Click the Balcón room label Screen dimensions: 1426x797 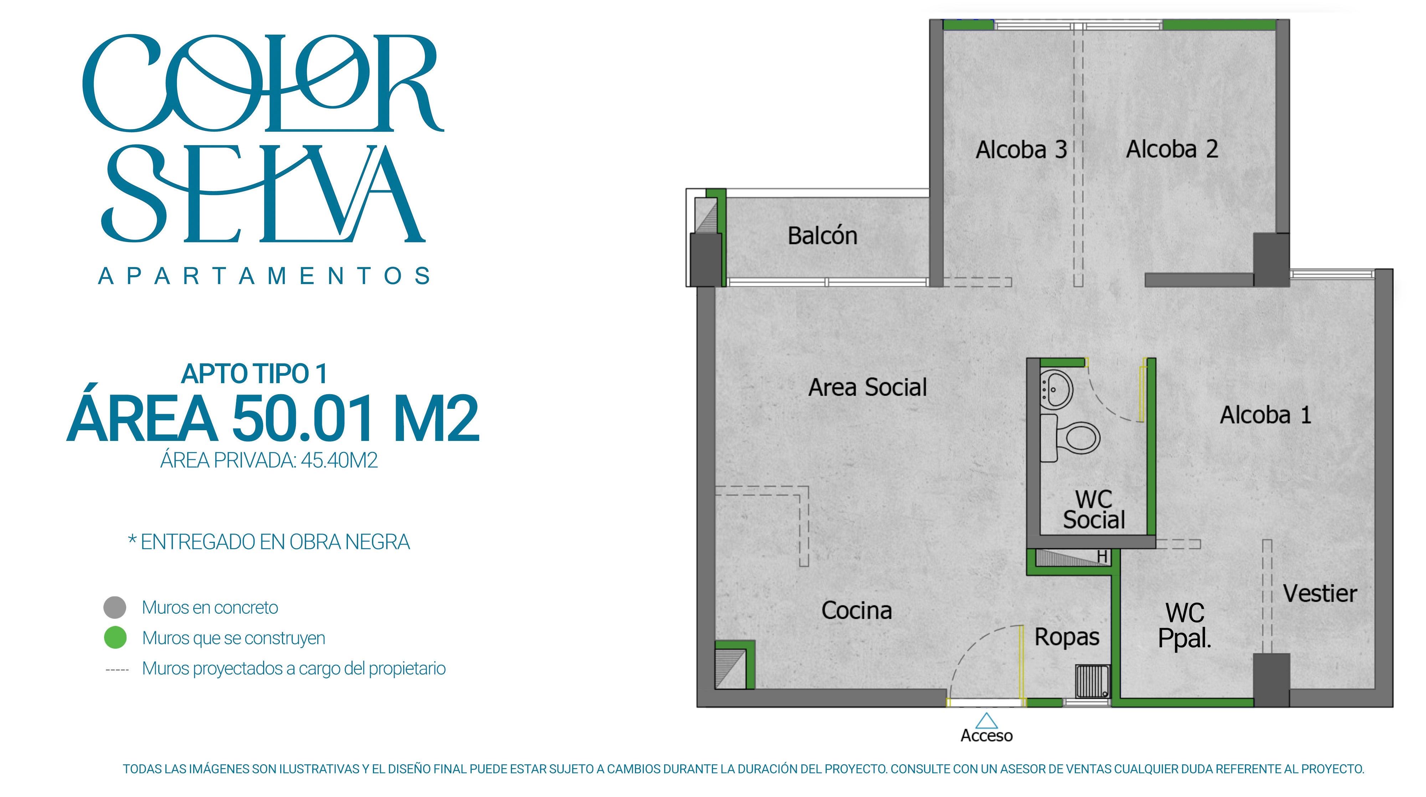coord(822,236)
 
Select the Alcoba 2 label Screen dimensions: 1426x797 coord(1172,149)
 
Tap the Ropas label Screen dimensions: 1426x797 coord(1067,637)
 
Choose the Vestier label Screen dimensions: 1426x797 coord(1320,593)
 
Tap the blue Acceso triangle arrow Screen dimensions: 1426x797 coord(986,721)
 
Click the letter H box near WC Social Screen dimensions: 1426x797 coord(1102,557)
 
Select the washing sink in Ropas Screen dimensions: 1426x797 coord(1093,681)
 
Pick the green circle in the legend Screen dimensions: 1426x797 coord(115,638)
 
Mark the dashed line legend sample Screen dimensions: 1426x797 coord(117,670)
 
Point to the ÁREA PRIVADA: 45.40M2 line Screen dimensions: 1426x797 coord(269,461)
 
